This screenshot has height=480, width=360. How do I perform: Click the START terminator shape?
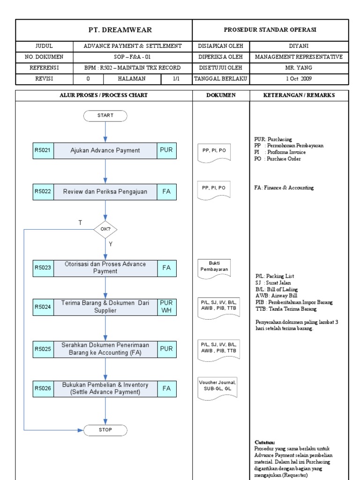tap(105, 115)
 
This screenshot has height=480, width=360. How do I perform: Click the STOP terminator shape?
tap(105, 430)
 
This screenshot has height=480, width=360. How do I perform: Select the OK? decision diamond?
tap(105, 230)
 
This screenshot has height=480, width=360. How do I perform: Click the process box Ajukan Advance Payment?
tap(105, 150)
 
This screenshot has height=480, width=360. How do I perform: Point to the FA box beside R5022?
tap(166, 192)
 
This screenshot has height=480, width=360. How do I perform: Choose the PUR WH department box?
tap(166, 307)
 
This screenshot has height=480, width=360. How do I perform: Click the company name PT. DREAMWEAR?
tap(104, 30)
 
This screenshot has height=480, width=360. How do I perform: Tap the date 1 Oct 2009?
tap(299, 78)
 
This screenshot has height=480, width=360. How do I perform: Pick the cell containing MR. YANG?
tap(299, 67)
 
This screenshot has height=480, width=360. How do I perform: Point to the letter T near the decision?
tap(80, 223)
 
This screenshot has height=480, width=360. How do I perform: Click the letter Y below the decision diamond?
tap(111, 244)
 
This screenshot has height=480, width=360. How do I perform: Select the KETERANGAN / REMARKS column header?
tap(299, 95)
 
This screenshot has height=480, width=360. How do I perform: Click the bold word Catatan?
tap(265, 442)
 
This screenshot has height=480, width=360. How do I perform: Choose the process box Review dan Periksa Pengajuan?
tap(105, 192)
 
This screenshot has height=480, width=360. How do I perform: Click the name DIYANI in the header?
tap(299, 46)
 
